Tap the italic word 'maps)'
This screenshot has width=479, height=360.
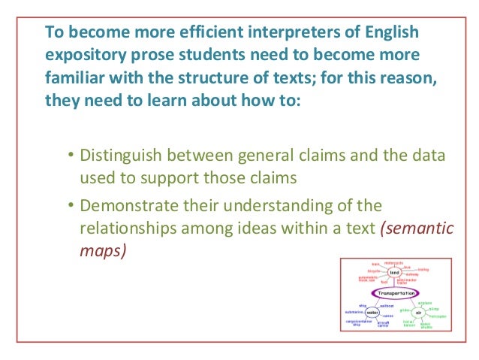(103, 250)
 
